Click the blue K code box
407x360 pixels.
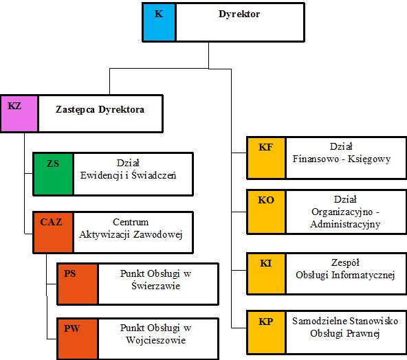coord(159,22)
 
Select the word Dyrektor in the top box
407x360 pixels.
coord(239,14)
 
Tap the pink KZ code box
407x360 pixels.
coord(19,113)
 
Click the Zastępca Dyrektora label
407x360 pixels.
coord(100,109)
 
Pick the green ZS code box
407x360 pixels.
coord(53,174)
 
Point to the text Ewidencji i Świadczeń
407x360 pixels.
coord(129,175)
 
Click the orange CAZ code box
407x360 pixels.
coord(53,232)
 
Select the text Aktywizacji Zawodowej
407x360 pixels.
coord(131,234)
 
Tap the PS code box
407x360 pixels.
coord(78,284)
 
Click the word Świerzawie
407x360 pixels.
coord(156,286)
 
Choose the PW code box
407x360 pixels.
coord(78,339)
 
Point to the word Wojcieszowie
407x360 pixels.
coord(156,340)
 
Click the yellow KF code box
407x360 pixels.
coord(266,158)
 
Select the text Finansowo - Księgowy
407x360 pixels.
coord(342,159)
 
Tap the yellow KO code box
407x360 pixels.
coord(266,212)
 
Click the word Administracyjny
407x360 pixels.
coord(345,224)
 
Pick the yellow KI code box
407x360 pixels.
coord(266,273)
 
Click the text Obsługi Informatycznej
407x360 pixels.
coord(345,275)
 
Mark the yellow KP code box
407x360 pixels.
coord(266,333)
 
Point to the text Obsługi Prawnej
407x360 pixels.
coord(345,333)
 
